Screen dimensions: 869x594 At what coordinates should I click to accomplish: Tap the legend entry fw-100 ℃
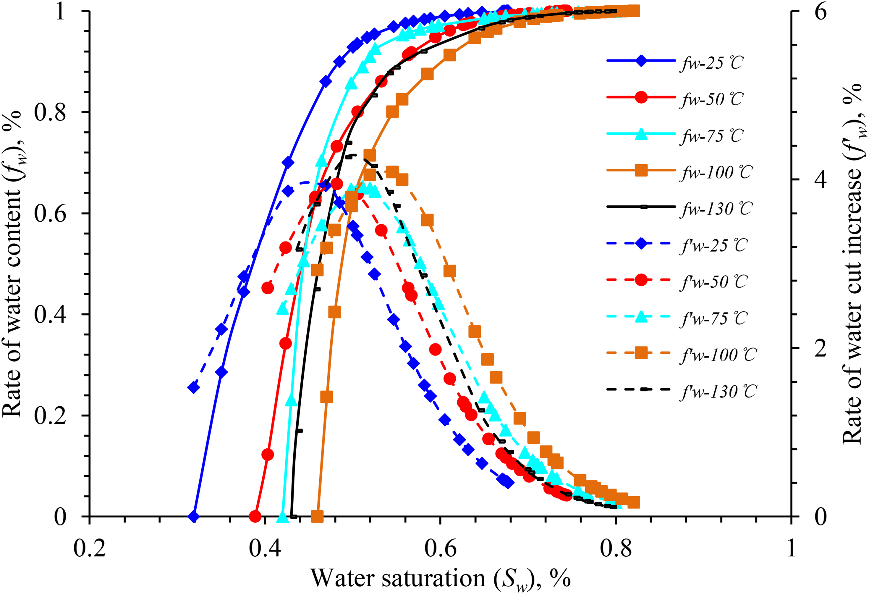coord(680,172)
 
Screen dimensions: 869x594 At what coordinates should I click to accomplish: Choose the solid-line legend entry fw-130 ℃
coord(680,208)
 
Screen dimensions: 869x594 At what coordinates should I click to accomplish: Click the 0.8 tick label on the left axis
coord(50,112)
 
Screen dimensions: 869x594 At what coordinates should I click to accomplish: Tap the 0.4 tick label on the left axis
coord(50,314)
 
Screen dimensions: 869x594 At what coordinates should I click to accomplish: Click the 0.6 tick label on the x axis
coord(440,549)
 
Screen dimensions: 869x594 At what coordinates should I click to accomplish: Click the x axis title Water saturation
coord(398,578)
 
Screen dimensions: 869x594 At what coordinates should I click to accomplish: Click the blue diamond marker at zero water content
coord(193,516)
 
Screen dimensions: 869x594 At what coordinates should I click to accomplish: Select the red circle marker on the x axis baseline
coord(255,516)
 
